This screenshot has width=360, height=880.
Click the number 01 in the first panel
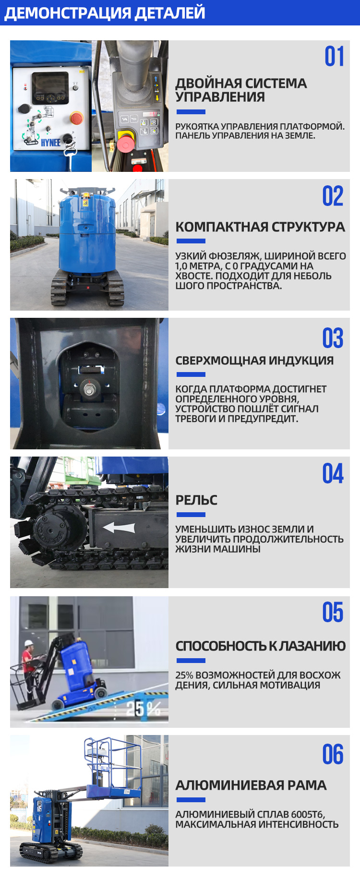pos(334,57)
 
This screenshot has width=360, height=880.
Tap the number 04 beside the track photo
pos(333,474)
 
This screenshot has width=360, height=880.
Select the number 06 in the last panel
pos(333,754)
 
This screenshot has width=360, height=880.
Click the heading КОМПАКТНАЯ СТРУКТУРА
pos(260,227)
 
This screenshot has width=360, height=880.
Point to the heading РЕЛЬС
pos(196,500)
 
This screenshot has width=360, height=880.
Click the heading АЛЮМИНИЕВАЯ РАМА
pos(251,785)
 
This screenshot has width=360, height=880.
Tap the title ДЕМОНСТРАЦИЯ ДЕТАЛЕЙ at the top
pos(105,12)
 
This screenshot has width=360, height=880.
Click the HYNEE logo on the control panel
pos(50,143)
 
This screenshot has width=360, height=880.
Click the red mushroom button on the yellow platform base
pos(125,144)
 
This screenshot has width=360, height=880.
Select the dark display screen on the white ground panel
pos(50,88)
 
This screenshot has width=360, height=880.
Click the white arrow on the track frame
pos(119,528)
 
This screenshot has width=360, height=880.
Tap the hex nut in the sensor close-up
pos(89,388)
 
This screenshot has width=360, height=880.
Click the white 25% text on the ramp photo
pos(143,708)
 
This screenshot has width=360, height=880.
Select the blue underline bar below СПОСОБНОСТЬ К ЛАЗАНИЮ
pos(191,661)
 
